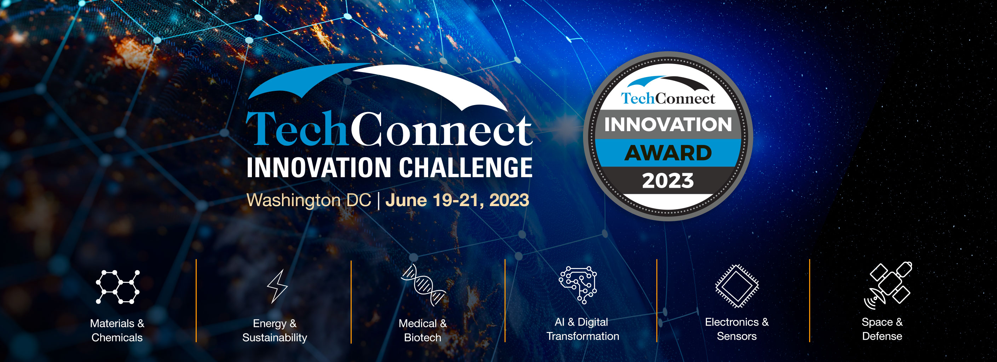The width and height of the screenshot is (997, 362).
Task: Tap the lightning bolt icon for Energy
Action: [277, 286]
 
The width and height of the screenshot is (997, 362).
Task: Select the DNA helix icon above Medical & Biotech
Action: [423, 284]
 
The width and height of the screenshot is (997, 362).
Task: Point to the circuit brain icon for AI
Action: [578, 284]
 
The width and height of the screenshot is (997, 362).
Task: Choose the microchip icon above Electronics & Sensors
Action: [737, 286]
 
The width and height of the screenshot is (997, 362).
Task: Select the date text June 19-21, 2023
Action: [457, 200]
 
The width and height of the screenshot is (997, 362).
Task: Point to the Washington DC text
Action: [309, 200]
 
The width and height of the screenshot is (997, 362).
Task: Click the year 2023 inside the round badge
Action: [668, 181]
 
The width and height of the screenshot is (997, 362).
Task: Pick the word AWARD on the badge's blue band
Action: [668, 153]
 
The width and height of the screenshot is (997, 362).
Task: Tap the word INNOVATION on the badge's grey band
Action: [668, 124]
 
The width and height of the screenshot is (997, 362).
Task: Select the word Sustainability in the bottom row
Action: [275, 338]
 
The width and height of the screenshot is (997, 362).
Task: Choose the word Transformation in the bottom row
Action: [582, 336]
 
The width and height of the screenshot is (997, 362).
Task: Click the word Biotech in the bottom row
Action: [423, 338]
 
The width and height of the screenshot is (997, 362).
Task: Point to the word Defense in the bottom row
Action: [882, 336]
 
